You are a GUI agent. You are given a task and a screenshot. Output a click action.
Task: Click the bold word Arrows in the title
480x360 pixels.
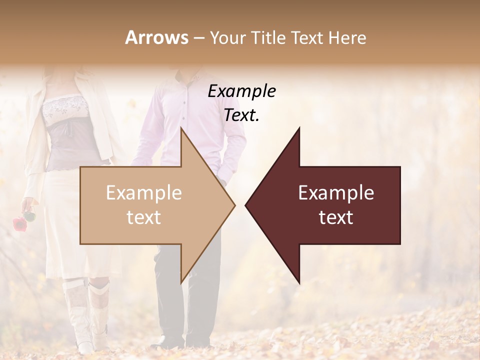(157, 37)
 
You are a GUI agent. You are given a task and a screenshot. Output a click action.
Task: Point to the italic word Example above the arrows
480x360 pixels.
(241, 91)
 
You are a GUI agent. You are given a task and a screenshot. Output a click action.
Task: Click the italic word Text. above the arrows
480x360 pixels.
(241, 115)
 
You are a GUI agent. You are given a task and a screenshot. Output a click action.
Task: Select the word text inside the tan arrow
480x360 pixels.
(143, 217)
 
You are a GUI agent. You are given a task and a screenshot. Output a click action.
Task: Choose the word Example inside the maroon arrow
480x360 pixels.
(336, 193)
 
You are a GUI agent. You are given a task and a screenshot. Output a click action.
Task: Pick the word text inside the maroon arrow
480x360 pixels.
(336, 217)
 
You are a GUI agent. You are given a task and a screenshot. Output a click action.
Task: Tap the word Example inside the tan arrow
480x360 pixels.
(143, 193)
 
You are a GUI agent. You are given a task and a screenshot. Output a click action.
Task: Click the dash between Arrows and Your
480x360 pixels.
(198, 37)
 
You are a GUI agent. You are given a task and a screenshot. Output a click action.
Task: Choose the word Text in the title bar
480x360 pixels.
(307, 37)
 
